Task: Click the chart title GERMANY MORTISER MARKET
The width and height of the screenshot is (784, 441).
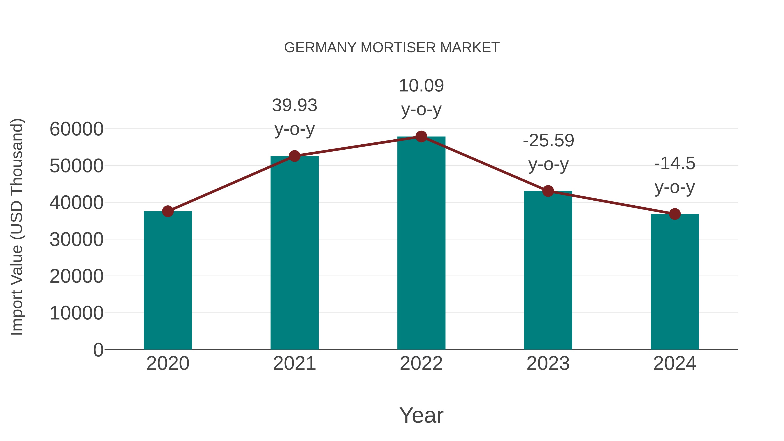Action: (392, 48)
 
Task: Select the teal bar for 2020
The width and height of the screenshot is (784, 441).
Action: (168, 280)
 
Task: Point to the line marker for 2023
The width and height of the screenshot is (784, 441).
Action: (548, 191)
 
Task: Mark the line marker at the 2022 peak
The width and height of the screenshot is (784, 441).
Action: (421, 137)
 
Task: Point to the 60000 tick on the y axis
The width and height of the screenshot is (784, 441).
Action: (76, 129)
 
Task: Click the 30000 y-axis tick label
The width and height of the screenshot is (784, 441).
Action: (76, 240)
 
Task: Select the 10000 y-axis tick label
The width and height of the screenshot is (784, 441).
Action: (76, 313)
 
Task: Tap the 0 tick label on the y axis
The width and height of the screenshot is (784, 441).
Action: (98, 350)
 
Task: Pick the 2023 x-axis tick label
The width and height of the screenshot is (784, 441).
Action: (548, 363)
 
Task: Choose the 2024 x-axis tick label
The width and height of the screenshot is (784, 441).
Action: (675, 363)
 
